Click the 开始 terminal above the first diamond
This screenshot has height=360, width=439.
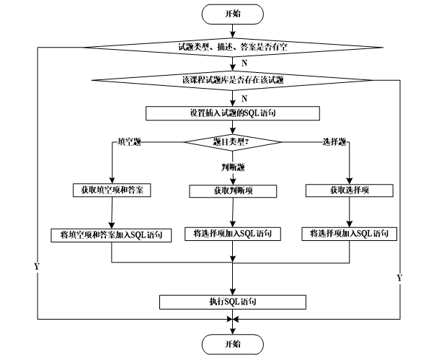click(x=232, y=14)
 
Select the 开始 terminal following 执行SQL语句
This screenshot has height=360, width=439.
click(x=232, y=344)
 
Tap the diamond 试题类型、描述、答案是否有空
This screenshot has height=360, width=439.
click(x=233, y=48)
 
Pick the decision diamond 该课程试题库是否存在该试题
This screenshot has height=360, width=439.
click(x=232, y=80)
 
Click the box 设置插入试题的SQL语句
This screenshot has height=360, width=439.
click(x=233, y=113)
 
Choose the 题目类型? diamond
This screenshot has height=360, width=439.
click(x=232, y=142)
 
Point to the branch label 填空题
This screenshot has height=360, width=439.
click(x=129, y=142)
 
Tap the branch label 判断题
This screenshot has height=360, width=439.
click(x=233, y=167)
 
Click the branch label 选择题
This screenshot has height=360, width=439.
click(x=334, y=142)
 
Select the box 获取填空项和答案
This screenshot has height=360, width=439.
click(x=112, y=190)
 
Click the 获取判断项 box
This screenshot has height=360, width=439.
click(x=233, y=191)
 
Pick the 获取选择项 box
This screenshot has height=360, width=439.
click(x=350, y=190)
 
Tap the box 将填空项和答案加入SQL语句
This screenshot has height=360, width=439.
click(x=111, y=235)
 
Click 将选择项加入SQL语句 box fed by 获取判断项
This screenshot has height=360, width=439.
click(x=233, y=234)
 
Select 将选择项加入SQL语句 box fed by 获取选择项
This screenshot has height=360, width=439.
click(x=350, y=234)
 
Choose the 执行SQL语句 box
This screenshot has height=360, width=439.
click(x=233, y=302)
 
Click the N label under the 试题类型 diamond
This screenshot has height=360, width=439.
click(x=244, y=63)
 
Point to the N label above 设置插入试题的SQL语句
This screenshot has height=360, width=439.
click(x=244, y=99)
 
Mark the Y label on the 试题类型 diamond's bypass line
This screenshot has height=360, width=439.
click(x=37, y=266)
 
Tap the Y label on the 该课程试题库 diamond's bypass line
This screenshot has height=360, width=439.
click(x=399, y=278)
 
